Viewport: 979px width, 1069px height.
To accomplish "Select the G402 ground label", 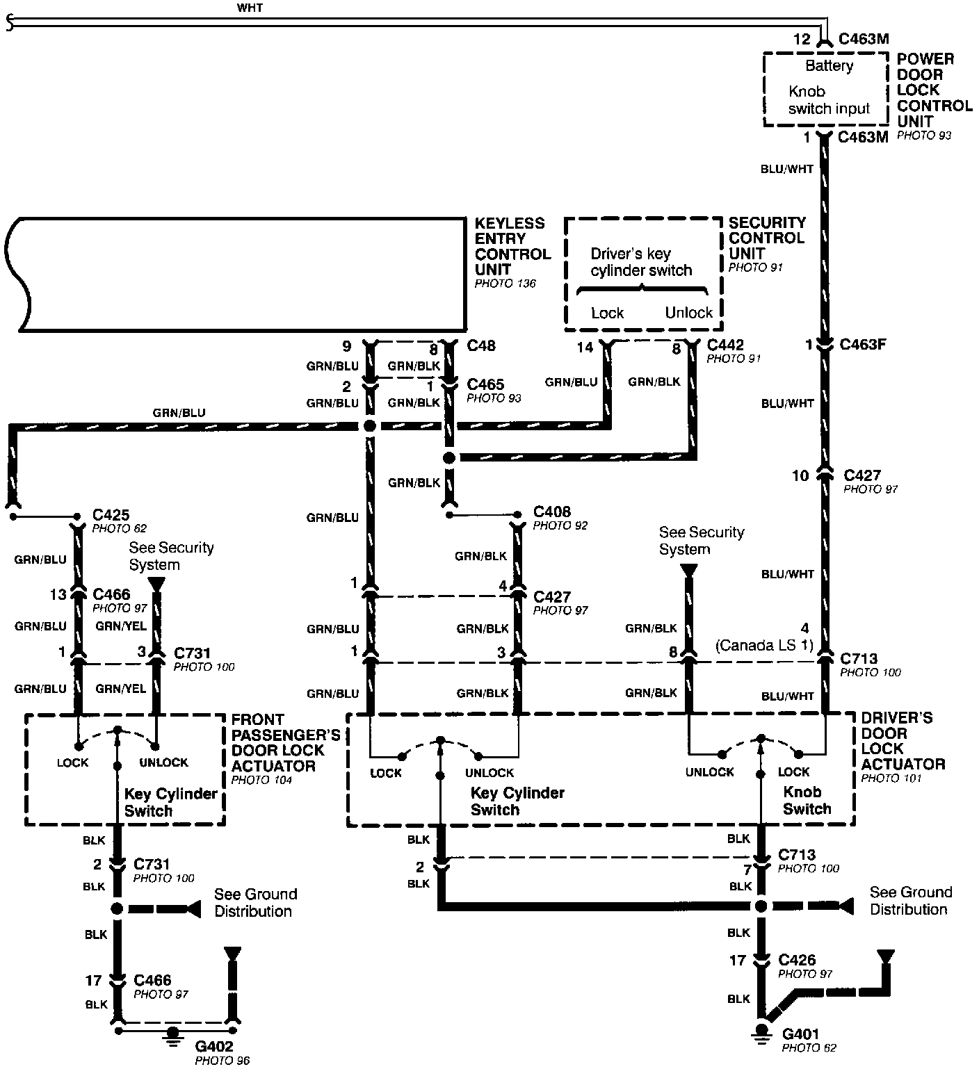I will (214, 1046).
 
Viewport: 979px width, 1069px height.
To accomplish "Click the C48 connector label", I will (482, 345).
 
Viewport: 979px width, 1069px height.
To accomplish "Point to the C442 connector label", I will (725, 345).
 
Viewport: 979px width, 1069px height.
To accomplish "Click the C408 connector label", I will (551, 512).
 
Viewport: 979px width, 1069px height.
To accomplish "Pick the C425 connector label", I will (111, 515).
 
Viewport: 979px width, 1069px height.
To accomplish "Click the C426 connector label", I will (797, 960).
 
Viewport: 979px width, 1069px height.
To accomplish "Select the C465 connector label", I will (485, 384).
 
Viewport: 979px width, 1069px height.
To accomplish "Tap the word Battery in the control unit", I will (829, 66).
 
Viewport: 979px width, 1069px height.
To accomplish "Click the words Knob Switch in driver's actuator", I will (807, 801).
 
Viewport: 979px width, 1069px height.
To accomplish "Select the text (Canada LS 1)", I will (764, 645).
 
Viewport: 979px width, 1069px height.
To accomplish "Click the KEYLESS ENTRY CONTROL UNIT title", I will (512, 246).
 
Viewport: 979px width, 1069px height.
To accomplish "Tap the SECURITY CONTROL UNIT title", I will (766, 238).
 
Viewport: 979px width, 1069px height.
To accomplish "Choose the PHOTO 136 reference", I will (505, 284).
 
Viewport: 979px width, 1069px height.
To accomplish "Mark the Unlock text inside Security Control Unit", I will (688, 313).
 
